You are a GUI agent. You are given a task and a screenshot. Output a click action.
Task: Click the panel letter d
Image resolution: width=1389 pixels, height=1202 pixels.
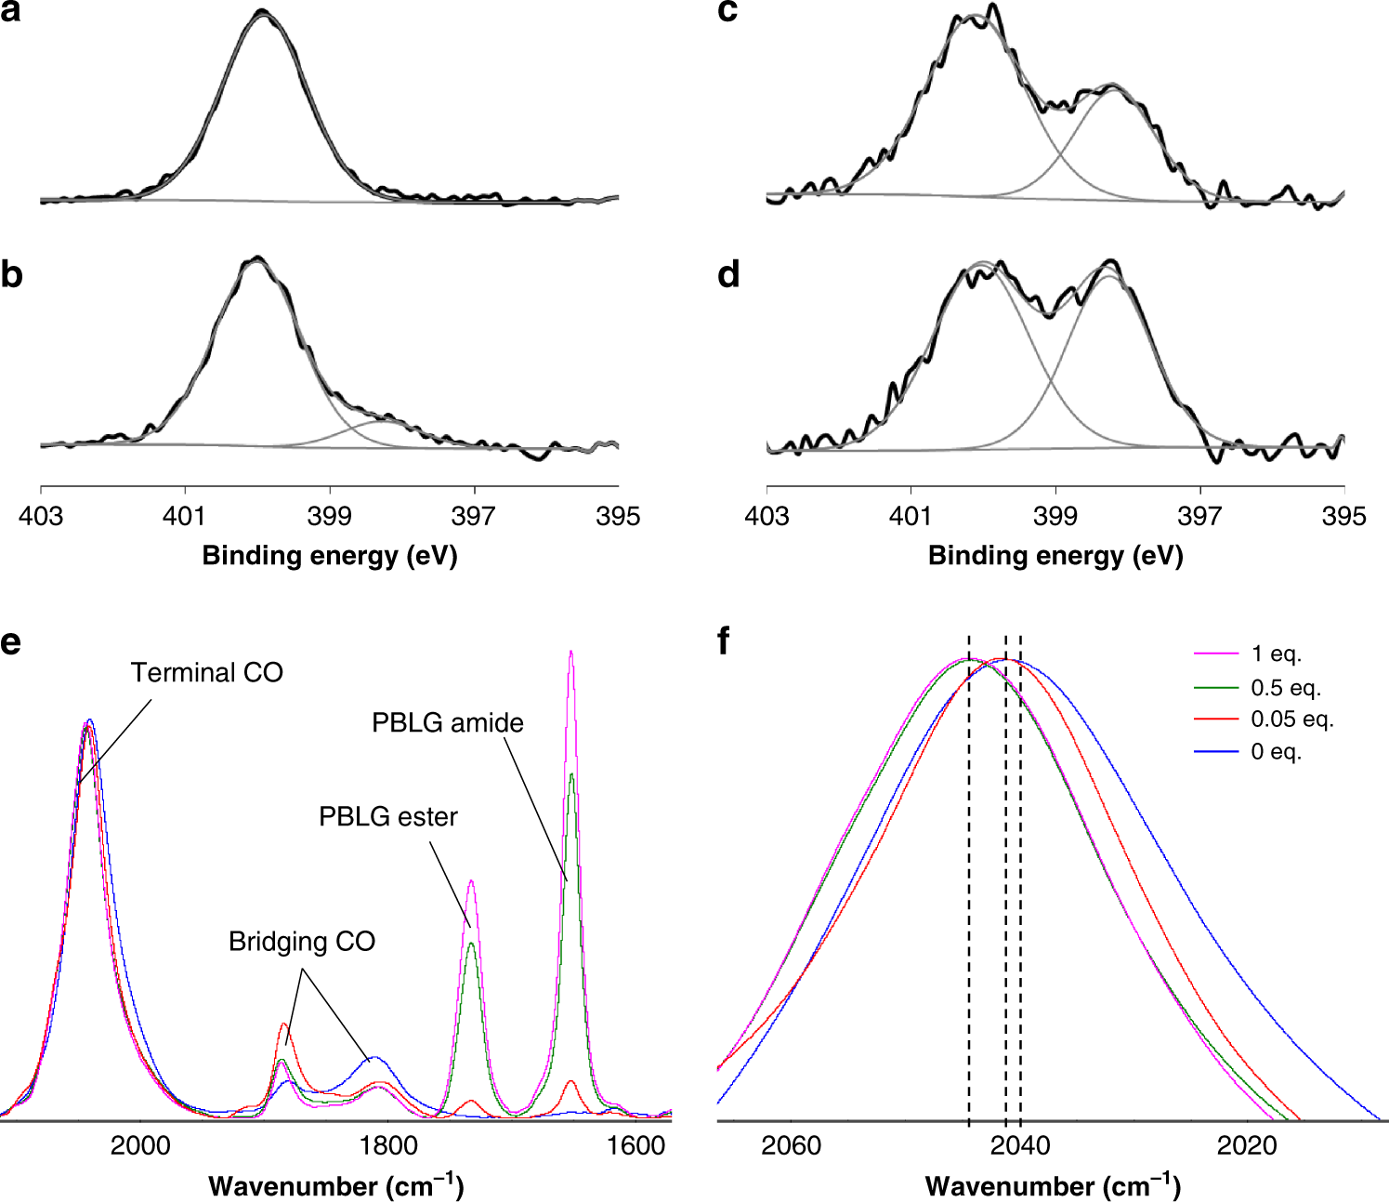click(x=729, y=274)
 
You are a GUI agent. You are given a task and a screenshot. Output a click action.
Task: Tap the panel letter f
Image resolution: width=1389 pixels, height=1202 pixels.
click(x=725, y=641)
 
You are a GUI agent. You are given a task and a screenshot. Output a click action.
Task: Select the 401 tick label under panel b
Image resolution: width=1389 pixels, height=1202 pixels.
click(x=184, y=516)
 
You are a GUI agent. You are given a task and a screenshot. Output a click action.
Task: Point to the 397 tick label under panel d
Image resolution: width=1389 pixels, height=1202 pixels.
click(x=1199, y=516)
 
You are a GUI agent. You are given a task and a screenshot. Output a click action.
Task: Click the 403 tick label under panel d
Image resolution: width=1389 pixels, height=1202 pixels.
click(x=767, y=516)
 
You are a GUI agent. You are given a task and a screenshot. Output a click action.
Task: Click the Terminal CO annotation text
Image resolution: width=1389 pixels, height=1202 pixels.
click(x=206, y=672)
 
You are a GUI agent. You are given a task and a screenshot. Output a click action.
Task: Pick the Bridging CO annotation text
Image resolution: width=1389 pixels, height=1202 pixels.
click(x=302, y=942)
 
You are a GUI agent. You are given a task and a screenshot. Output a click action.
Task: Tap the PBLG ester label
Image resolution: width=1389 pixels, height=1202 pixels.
click(x=388, y=817)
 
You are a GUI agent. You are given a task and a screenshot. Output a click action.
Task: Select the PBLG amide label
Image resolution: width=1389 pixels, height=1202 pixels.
click(x=447, y=723)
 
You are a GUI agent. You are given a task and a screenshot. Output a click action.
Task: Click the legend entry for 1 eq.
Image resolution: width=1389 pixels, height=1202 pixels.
click(x=1276, y=654)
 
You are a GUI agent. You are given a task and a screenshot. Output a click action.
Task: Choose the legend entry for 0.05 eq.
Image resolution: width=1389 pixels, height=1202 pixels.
click(x=1291, y=720)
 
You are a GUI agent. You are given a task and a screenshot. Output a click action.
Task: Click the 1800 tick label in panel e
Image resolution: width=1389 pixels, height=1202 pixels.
click(x=388, y=1145)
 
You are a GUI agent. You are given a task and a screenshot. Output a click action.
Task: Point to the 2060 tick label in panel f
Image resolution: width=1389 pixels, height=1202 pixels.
click(x=791, y=1145)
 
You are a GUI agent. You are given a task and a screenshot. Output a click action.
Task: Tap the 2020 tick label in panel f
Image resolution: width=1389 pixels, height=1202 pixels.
click(x=1248, y=1145)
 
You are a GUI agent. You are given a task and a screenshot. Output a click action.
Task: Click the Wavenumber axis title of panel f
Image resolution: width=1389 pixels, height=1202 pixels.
click(x=1053, y=1186)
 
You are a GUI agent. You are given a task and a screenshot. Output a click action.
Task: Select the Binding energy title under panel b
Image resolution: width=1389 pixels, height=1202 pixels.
click(x=330, y=556)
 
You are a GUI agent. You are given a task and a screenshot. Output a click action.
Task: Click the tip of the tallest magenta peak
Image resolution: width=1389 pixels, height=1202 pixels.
click(x=570, y=653)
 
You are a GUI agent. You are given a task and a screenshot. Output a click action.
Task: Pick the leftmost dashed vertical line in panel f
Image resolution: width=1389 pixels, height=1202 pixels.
click(x=969, y=883)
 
